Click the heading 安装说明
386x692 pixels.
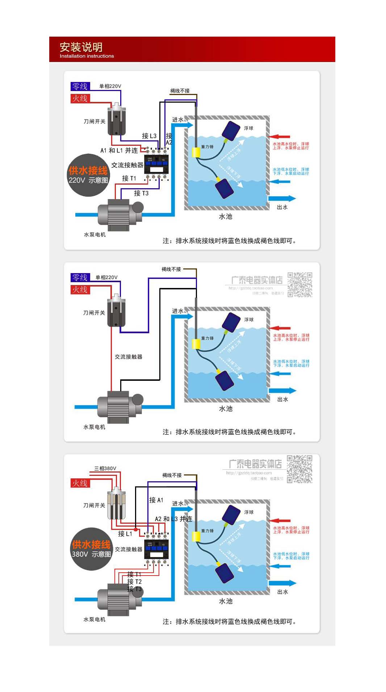pyautogui.click(x=81, y=47)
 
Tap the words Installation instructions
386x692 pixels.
pyautogui.click(x=87, y=56)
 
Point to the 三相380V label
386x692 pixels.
pyautogui.click(x=105, y=468)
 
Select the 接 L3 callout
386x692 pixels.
pyautogui.click(x=149, y=136)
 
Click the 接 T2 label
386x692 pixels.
pyautogui.click(x=134, y=581)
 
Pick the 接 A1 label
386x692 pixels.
pyautogui.click(x=156, y=500)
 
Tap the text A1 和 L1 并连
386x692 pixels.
pyautogui.click(x=119, y=151)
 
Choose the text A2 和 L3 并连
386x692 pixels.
pyautogui.click(x=173, y=519)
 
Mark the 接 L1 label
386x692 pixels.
pyautogui.click(x=125, y=534)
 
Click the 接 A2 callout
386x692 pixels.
pyautogui.click(x=169, y=139)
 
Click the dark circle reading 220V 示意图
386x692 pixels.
pyautogui.click(x=88, y=176)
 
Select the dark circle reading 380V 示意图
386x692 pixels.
pyautogui.click(x=91, y=549)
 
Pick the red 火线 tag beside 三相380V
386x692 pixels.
pyautogui.click(x=79, y=483)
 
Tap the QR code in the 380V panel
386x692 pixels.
pyautogui.click(x=299, y=469)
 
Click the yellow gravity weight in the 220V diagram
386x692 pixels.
pyautogui.click(x=196, y=152)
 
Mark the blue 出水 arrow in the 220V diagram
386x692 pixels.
pyautogui.click(x=282, y=198)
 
